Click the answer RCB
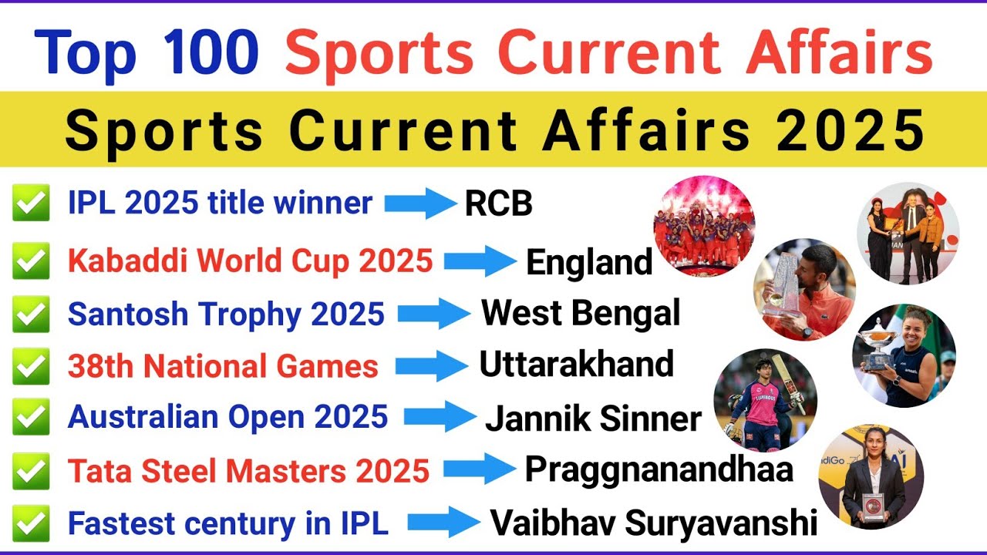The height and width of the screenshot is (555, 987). [x=498, y=205]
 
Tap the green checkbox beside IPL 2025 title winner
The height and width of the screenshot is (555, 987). [x=31, y=204]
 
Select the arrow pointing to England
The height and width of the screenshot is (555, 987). [x=480, y=262]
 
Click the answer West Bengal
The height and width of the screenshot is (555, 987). [x=581, y=314]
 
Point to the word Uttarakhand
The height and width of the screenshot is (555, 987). [x=576, y=365]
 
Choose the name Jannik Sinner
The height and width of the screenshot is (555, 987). [x=593, y=419]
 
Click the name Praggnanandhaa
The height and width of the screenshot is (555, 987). [x=659, y=469]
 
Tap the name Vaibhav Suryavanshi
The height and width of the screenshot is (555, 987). [x=654, y=524]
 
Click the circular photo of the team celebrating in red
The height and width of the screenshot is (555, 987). [x=704, y=226]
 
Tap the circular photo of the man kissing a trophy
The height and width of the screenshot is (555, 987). [x=804, y=289]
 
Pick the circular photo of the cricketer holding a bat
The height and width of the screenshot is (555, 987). [x=765, y=399]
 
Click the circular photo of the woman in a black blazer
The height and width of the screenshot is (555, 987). [x=871, y=476]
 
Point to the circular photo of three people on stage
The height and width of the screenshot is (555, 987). [x=908, y=234]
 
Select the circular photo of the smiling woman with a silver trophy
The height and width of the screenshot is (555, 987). [x=904, y=355]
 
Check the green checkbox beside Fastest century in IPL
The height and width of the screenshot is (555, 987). [x=31, y=524]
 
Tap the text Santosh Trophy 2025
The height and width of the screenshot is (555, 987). [x=226, y=314]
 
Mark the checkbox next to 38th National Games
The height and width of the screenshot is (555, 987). [x=31, y=366]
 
